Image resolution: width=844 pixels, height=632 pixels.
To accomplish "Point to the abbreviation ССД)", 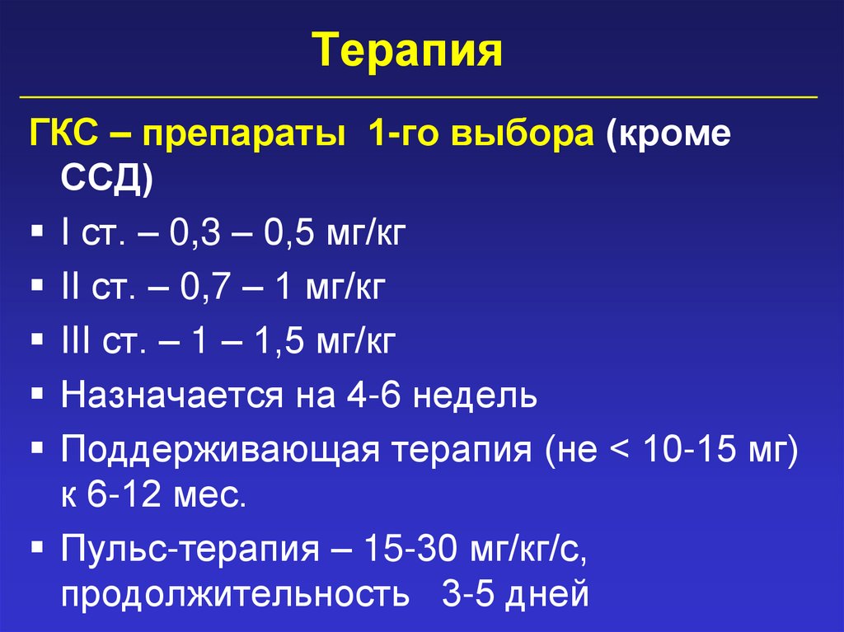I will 105,176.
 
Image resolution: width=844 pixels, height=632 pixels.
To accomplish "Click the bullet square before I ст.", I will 38,232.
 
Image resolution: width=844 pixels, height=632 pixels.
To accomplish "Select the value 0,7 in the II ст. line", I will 201,288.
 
